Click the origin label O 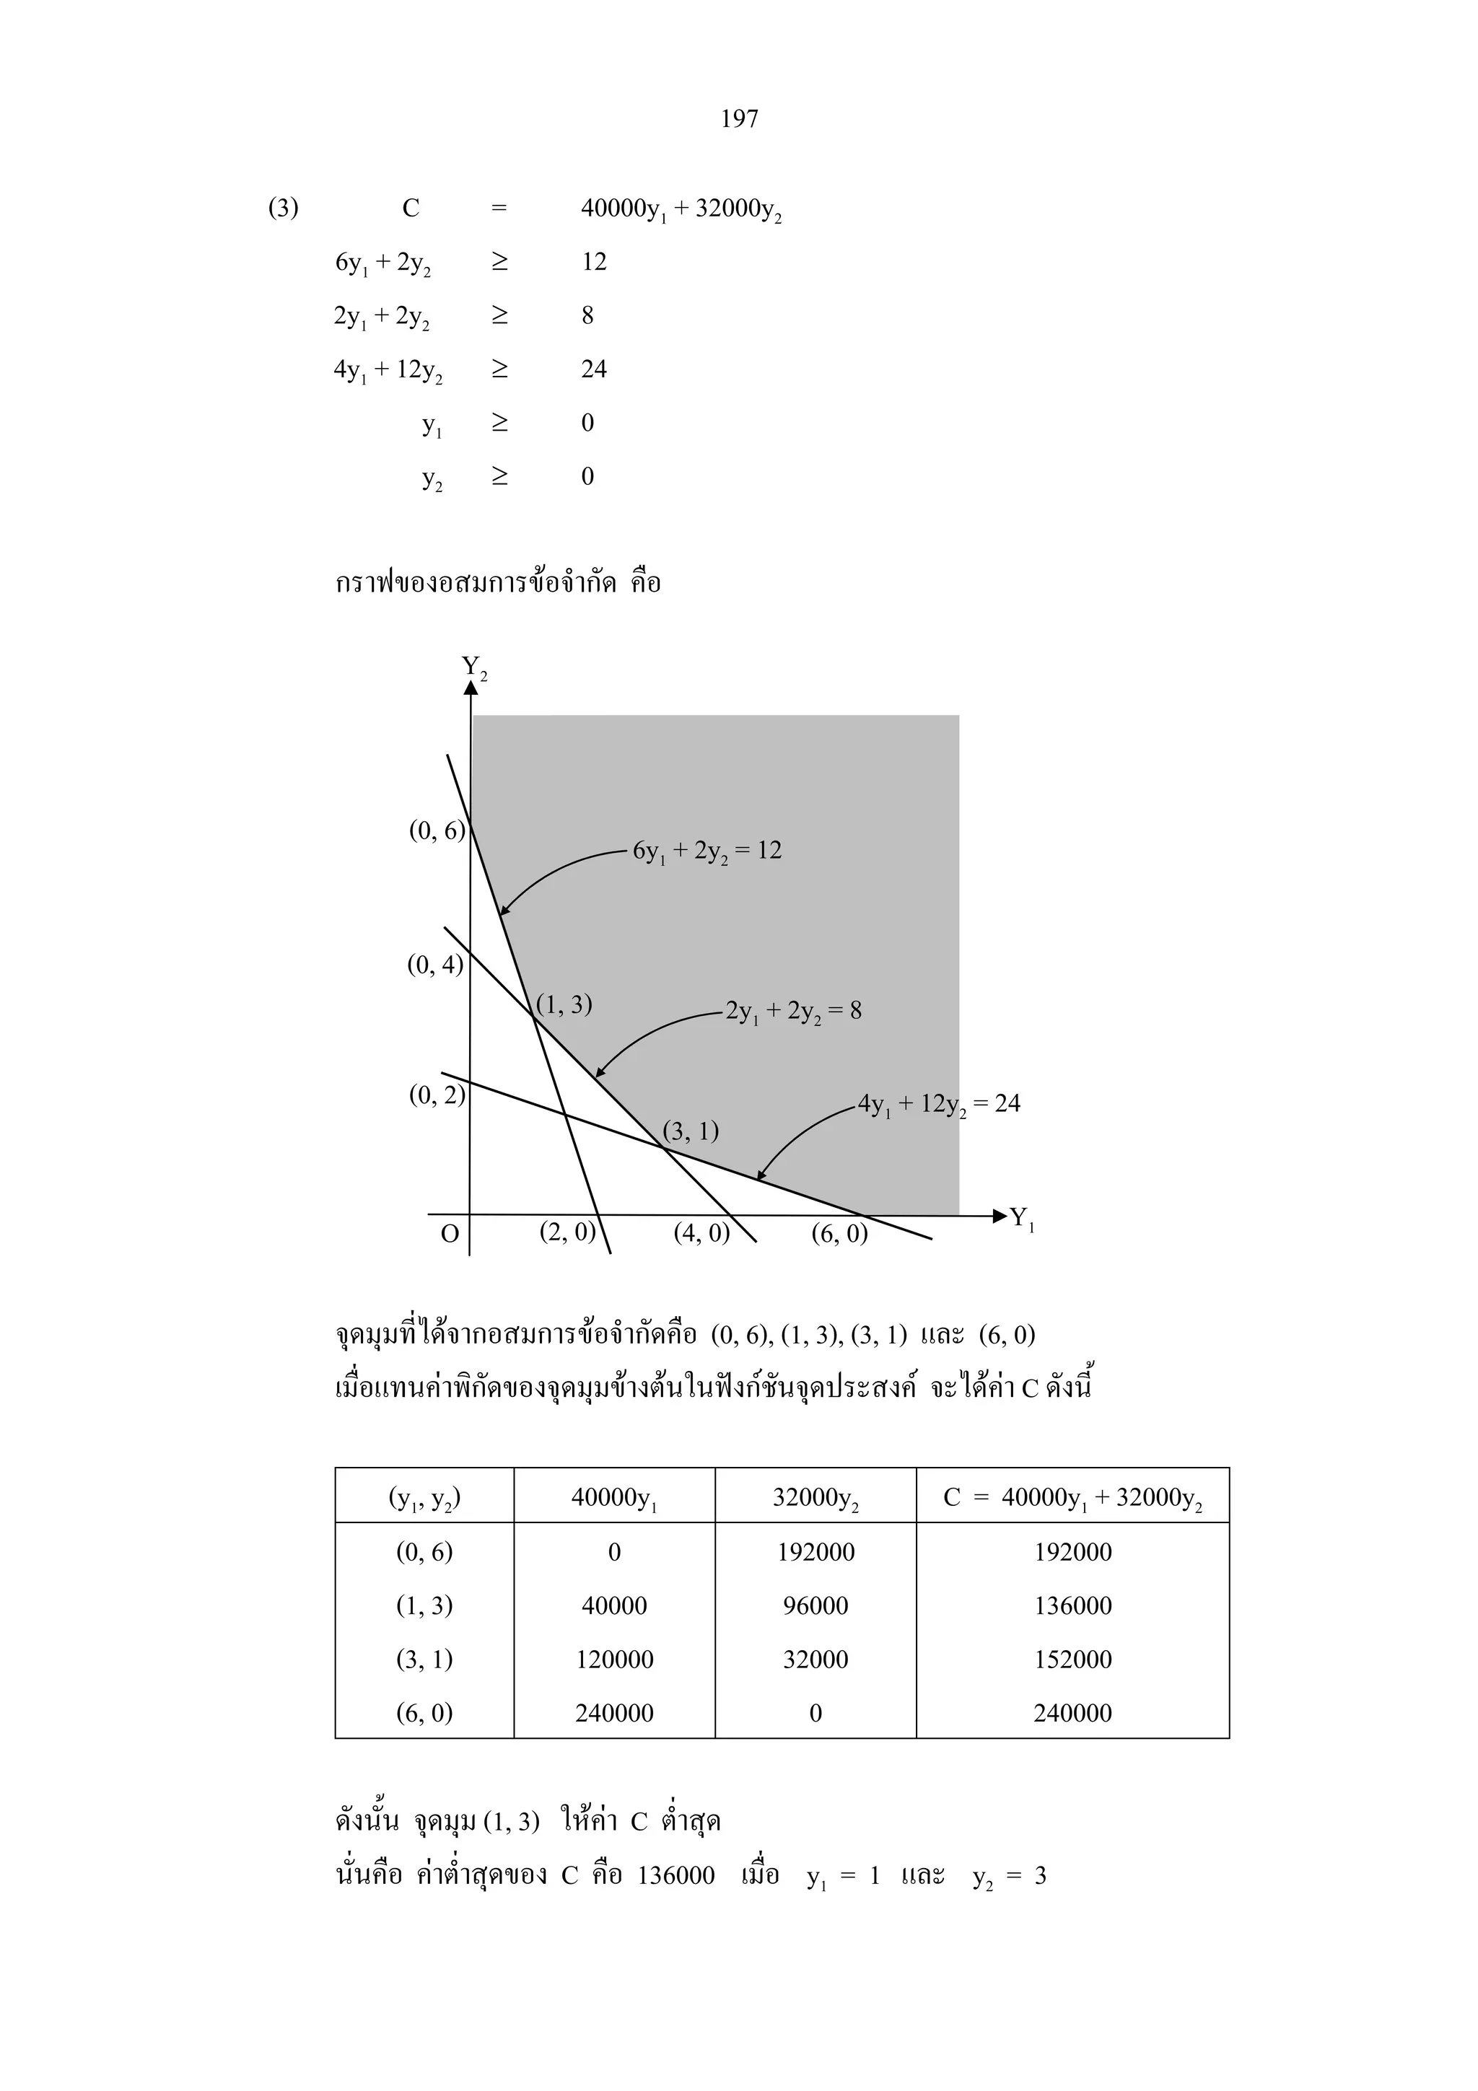[x=450, y=1234]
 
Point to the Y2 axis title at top [x=473, y=667]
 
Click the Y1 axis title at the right [x=1022, y=1218]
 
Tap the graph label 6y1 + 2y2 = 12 [x=707, y=851]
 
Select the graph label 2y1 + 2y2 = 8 [x=793, y=1012]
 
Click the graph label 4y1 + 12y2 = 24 [x=939, y=1105]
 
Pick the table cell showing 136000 [x=1072, y=1605]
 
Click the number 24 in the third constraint [x=594, y=369]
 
